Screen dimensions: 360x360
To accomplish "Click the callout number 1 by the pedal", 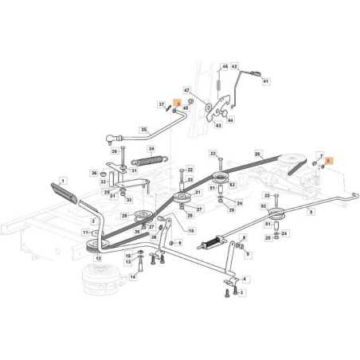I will click(65, 182).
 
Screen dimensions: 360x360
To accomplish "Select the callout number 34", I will click(151, 149).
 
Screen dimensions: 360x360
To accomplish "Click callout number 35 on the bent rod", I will click(143, 129).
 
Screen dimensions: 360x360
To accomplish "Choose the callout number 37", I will click(161, 104).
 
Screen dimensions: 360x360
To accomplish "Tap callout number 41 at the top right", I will click(266, 81).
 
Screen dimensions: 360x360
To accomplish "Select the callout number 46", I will click(225, 66).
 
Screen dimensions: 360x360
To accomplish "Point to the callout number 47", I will click(188, 91).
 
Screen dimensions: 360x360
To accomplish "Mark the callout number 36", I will click(94, 173).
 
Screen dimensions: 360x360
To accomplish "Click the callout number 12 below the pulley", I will click(98, 259).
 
